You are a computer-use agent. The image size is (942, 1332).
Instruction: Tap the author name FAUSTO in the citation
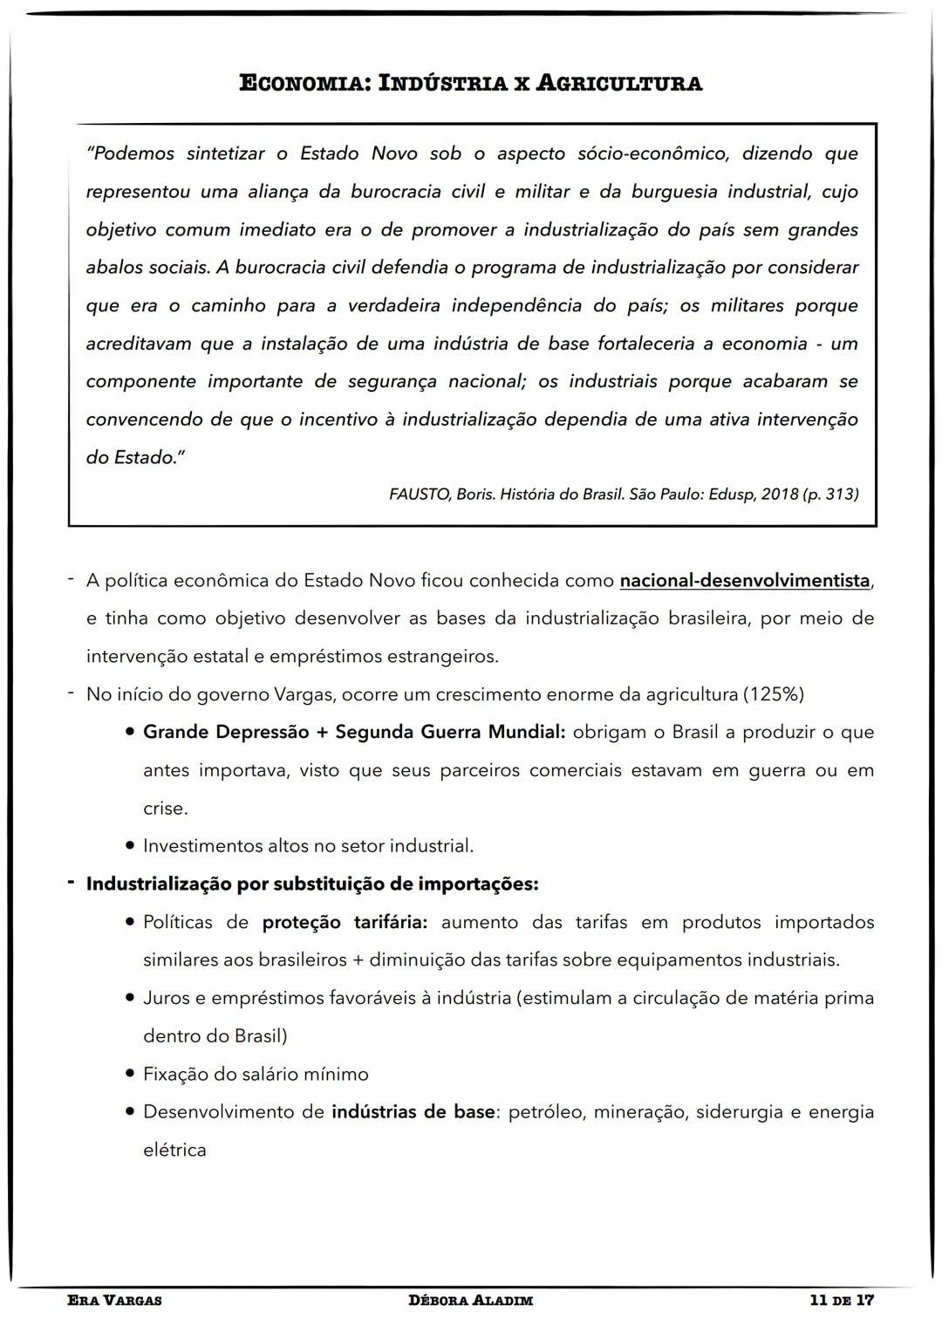(x=420, y=495)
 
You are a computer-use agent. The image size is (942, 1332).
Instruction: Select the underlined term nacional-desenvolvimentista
(x=745, y=581)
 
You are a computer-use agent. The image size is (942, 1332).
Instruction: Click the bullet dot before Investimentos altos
(x=129, y=846)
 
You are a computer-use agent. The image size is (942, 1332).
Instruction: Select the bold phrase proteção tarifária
(x=345, y=923)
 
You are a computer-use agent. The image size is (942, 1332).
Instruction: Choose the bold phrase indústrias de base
(x=413, y=1112)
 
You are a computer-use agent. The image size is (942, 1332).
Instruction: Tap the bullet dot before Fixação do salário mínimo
(x=129, y=1075)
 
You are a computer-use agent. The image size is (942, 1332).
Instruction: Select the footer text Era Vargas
(x=114, y=1301)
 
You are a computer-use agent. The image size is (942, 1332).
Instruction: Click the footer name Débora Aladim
(x=470, y=1301)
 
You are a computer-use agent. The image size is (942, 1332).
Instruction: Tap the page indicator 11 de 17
(x=841, y=1301)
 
